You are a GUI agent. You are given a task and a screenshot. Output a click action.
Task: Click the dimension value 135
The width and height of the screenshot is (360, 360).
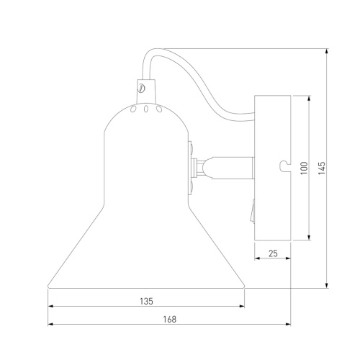pos(146,301)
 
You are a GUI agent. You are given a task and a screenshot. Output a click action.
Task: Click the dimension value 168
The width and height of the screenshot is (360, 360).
pos(170,319)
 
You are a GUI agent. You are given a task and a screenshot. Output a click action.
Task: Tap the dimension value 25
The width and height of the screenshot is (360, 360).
pos(273,253)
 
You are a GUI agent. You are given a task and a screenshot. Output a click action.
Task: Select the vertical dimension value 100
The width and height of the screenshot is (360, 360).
pos(304,168)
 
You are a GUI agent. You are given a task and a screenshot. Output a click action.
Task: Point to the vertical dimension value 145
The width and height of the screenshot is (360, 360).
pos(322,168)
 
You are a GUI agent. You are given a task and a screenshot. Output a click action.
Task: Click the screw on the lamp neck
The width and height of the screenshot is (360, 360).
pos(142,88)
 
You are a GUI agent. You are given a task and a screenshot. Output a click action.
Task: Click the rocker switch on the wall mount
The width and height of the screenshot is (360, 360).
pos(252,210)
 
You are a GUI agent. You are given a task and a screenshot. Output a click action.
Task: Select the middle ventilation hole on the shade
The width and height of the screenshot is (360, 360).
pos(145,109)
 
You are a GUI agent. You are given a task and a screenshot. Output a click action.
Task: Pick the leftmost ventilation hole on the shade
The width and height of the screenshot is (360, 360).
pos(132,109)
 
